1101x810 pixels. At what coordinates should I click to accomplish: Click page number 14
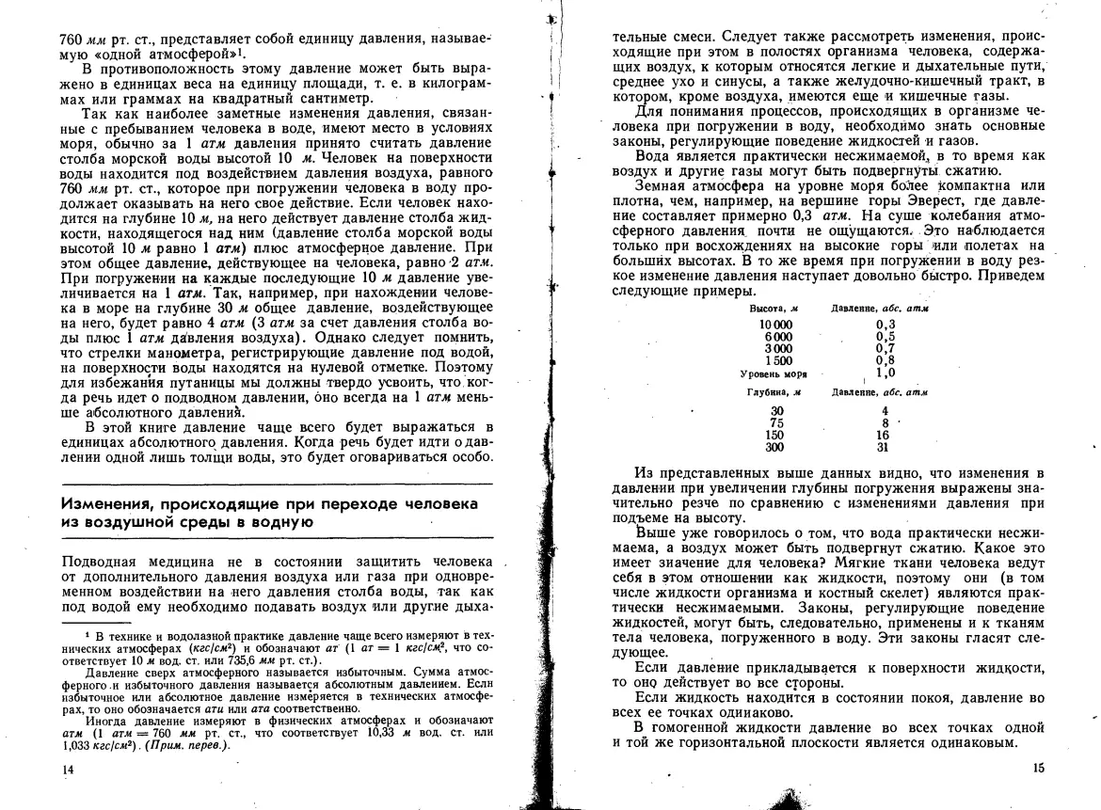(67, 769)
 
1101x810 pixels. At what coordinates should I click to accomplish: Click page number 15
(1038, 768)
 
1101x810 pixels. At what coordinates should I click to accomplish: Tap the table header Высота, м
(774, 309)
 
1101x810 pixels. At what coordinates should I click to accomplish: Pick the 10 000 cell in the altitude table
(775, 324)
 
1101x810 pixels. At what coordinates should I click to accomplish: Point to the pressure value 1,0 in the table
(885, 373)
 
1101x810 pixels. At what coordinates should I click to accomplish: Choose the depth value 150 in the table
(774, 436)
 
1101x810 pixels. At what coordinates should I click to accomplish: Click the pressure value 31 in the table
(884, 448)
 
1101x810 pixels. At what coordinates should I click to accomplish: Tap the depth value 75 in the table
(775, 423)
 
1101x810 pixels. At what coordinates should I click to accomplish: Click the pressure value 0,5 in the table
(885, 336)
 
